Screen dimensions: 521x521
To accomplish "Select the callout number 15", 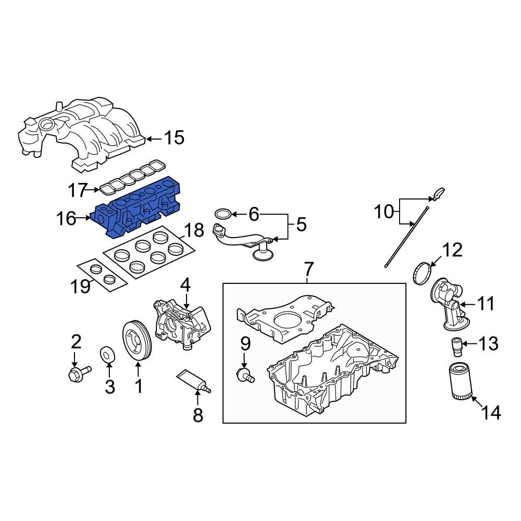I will pos(174,138).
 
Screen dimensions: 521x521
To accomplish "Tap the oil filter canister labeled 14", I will pos(459,382).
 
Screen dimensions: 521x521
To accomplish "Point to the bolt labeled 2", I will pos(77,373).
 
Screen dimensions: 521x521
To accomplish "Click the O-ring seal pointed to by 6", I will pos(223,214).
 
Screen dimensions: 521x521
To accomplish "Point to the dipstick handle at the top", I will pos(438,195).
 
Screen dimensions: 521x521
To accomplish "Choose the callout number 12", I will pos(452,250).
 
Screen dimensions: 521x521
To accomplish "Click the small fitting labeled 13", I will pos(457,344).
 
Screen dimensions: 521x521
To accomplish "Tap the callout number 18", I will pos(195,231).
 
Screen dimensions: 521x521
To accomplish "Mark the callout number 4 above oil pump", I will pos(185,284).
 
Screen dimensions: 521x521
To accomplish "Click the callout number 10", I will pos(384,212).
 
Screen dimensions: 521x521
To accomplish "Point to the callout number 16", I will pos(66,219).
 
